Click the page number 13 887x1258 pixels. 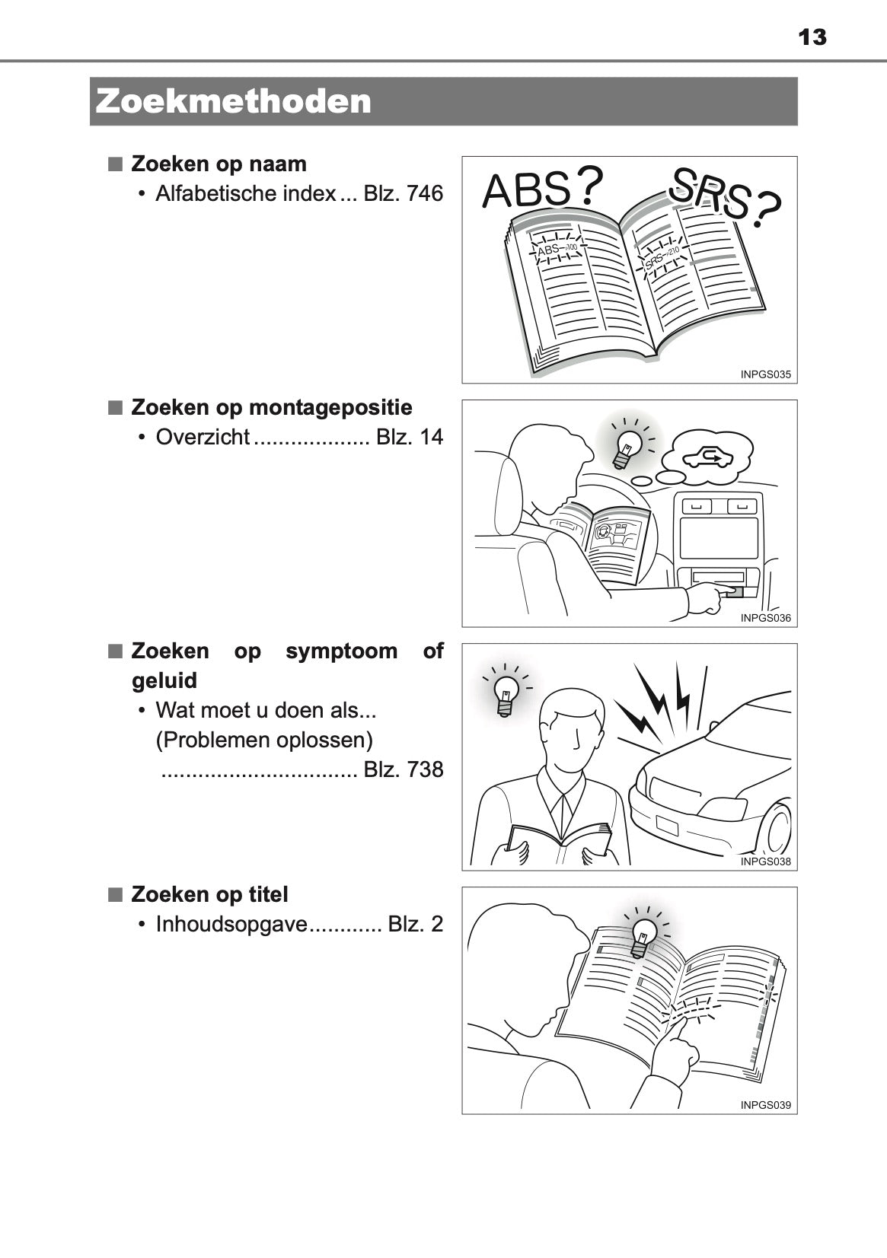pos(812,37)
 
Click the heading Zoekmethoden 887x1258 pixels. pos(234,101)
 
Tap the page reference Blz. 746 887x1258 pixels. pos(403,194)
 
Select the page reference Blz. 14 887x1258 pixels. pos(409,438)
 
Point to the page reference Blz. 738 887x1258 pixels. pos(403,769)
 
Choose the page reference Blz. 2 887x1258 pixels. pos(415,925)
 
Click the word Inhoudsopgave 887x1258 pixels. pos(231,925)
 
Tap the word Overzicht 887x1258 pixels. pos(203,438)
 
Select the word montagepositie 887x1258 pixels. pos(330,408)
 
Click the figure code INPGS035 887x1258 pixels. pos(765,374)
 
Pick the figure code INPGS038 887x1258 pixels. pos(765,861)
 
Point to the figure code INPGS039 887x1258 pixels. pos(765,1105)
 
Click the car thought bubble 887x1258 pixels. pos(706,457)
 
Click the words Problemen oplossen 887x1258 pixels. pos(264,740)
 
